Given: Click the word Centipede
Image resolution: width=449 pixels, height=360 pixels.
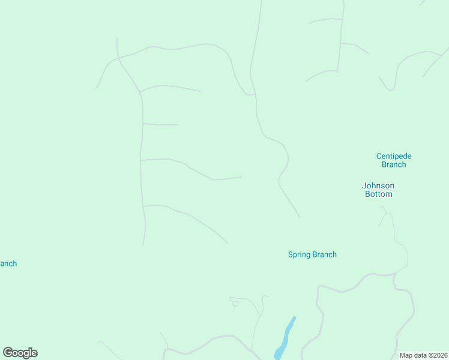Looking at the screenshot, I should pos(394,156).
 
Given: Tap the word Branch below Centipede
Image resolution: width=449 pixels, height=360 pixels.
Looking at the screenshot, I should pos(394,164).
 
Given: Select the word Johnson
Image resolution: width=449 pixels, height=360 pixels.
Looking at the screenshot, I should pos(378,185).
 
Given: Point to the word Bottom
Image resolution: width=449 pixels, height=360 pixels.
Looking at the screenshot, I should pos(378,194).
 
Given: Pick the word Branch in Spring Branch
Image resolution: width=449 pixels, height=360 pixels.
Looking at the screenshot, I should pos(325,254).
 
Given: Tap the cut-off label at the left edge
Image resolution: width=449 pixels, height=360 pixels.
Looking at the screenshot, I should pos(8,263).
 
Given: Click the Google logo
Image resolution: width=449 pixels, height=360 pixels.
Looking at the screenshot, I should pos(20,353).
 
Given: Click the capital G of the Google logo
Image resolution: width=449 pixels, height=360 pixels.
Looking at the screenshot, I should pos(7,353).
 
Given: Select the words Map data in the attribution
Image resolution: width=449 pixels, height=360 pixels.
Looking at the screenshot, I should pos(412,355).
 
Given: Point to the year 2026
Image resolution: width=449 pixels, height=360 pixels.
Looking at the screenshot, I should pos(439,355).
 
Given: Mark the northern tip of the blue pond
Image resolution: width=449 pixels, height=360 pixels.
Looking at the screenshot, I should pos(294,317).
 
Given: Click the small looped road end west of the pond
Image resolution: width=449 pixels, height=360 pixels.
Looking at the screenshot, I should pos(235,304).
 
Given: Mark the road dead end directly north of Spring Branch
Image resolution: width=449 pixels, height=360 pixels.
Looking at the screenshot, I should pos(300,217).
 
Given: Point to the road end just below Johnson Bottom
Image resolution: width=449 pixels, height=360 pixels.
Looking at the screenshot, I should pos(381,208).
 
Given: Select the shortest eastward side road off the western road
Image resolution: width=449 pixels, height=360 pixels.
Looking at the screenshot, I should pos(160,124).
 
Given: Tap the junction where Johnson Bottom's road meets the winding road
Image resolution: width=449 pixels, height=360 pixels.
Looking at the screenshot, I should pos(395,274).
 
